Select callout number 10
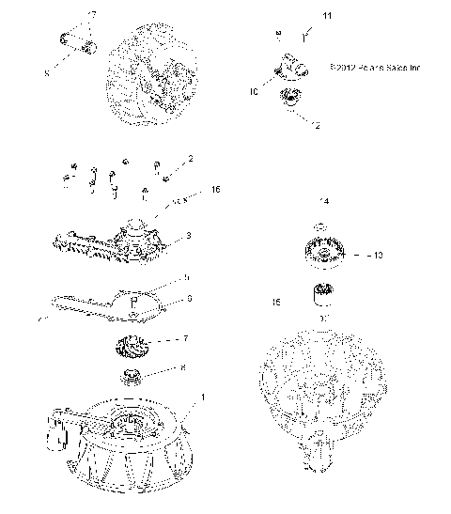pos(254,92)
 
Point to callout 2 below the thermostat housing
pos(317,124)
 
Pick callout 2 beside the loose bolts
pos(190,159)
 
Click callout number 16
pos(215,190)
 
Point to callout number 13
pos(352,255)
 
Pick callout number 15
pos(275,303)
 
